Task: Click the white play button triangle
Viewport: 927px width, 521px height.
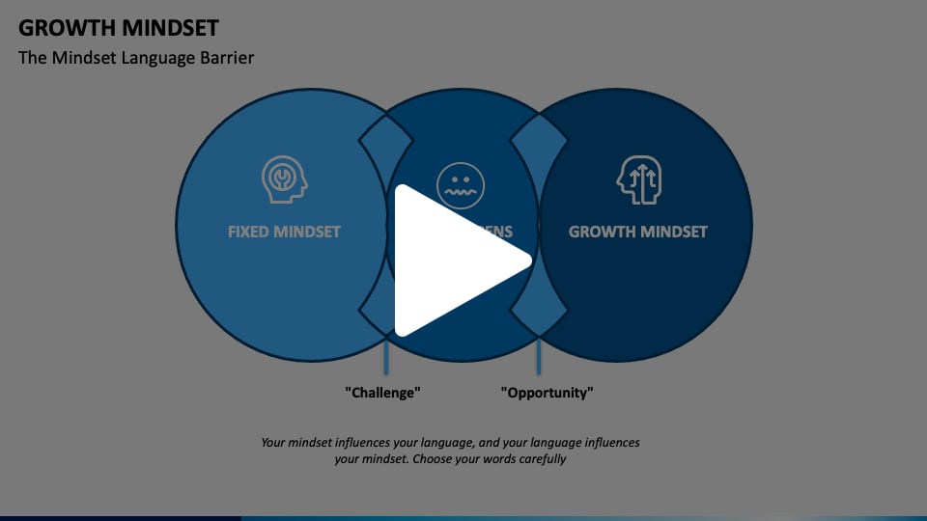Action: (454, 259)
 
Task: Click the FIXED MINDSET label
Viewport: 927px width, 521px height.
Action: (284, 232)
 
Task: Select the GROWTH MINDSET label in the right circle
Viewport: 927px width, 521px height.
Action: (637, 232)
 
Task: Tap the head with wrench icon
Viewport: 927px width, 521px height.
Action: (284, 179)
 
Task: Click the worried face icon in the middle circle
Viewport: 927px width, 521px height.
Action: (461, 183)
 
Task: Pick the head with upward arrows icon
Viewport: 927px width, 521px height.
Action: (639, 179)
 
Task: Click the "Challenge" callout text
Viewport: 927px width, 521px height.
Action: (383, 393)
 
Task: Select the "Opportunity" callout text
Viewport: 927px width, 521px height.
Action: (547, 393)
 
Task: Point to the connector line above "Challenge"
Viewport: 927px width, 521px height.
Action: (387, 355)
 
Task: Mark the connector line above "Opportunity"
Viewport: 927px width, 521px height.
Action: (539, 355)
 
